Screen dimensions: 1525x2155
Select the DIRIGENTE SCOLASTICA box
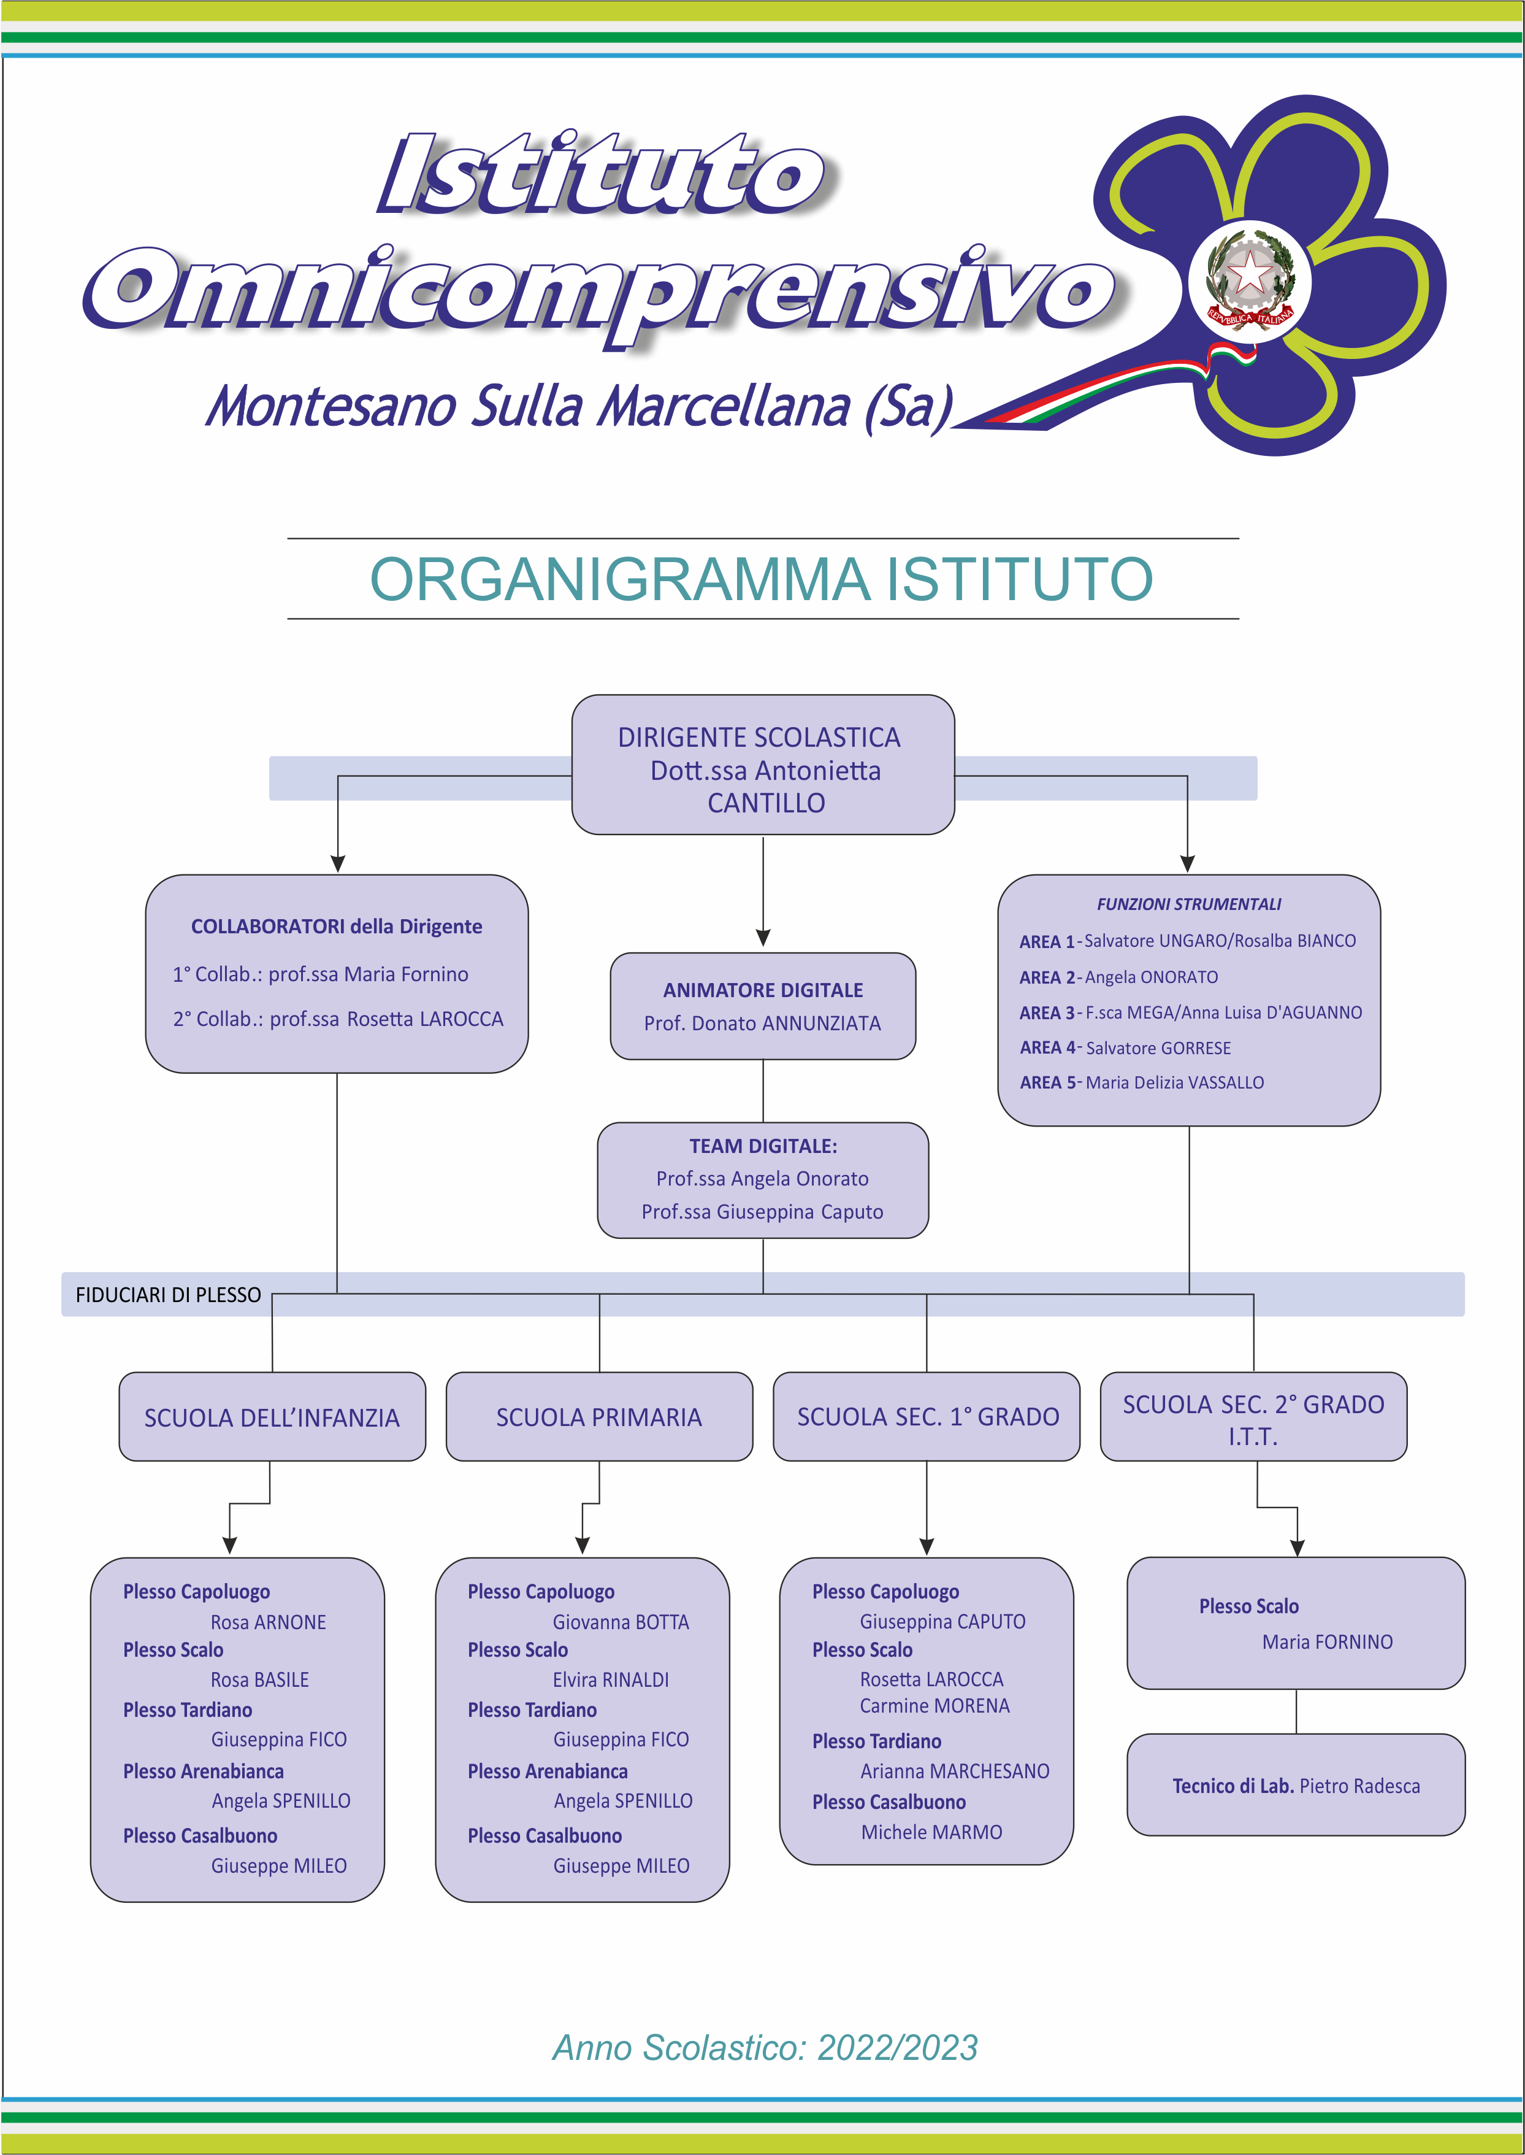(x=763, y=765)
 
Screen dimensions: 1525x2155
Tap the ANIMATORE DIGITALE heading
(x=763, y=990)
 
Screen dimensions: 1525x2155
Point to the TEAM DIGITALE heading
(x=763, y=1146)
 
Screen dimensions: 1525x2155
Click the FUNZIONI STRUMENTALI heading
(x=1189, y=904)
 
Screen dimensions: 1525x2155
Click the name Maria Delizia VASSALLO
(x=1175, y=1082)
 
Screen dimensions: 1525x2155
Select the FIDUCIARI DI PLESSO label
(x=168, y=1295)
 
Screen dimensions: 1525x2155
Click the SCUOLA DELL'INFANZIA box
(x=272, y=1417)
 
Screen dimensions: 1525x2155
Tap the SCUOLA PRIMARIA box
(x=599, y=1417)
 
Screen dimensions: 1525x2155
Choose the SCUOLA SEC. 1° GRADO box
(x=927, y=1417)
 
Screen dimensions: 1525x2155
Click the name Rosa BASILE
(x=260, y=1679)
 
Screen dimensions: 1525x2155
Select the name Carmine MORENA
(x=935, y=1706)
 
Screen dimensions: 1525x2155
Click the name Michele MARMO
(x=931, y=1832)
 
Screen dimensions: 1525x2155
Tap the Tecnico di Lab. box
(x=1296, y=1785)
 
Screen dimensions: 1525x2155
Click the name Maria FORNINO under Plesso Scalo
(x=1328, y=1642)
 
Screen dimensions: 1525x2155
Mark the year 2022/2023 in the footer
(x=898, y=2048)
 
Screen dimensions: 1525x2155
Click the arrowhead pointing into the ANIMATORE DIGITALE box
(x=763, y=938)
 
